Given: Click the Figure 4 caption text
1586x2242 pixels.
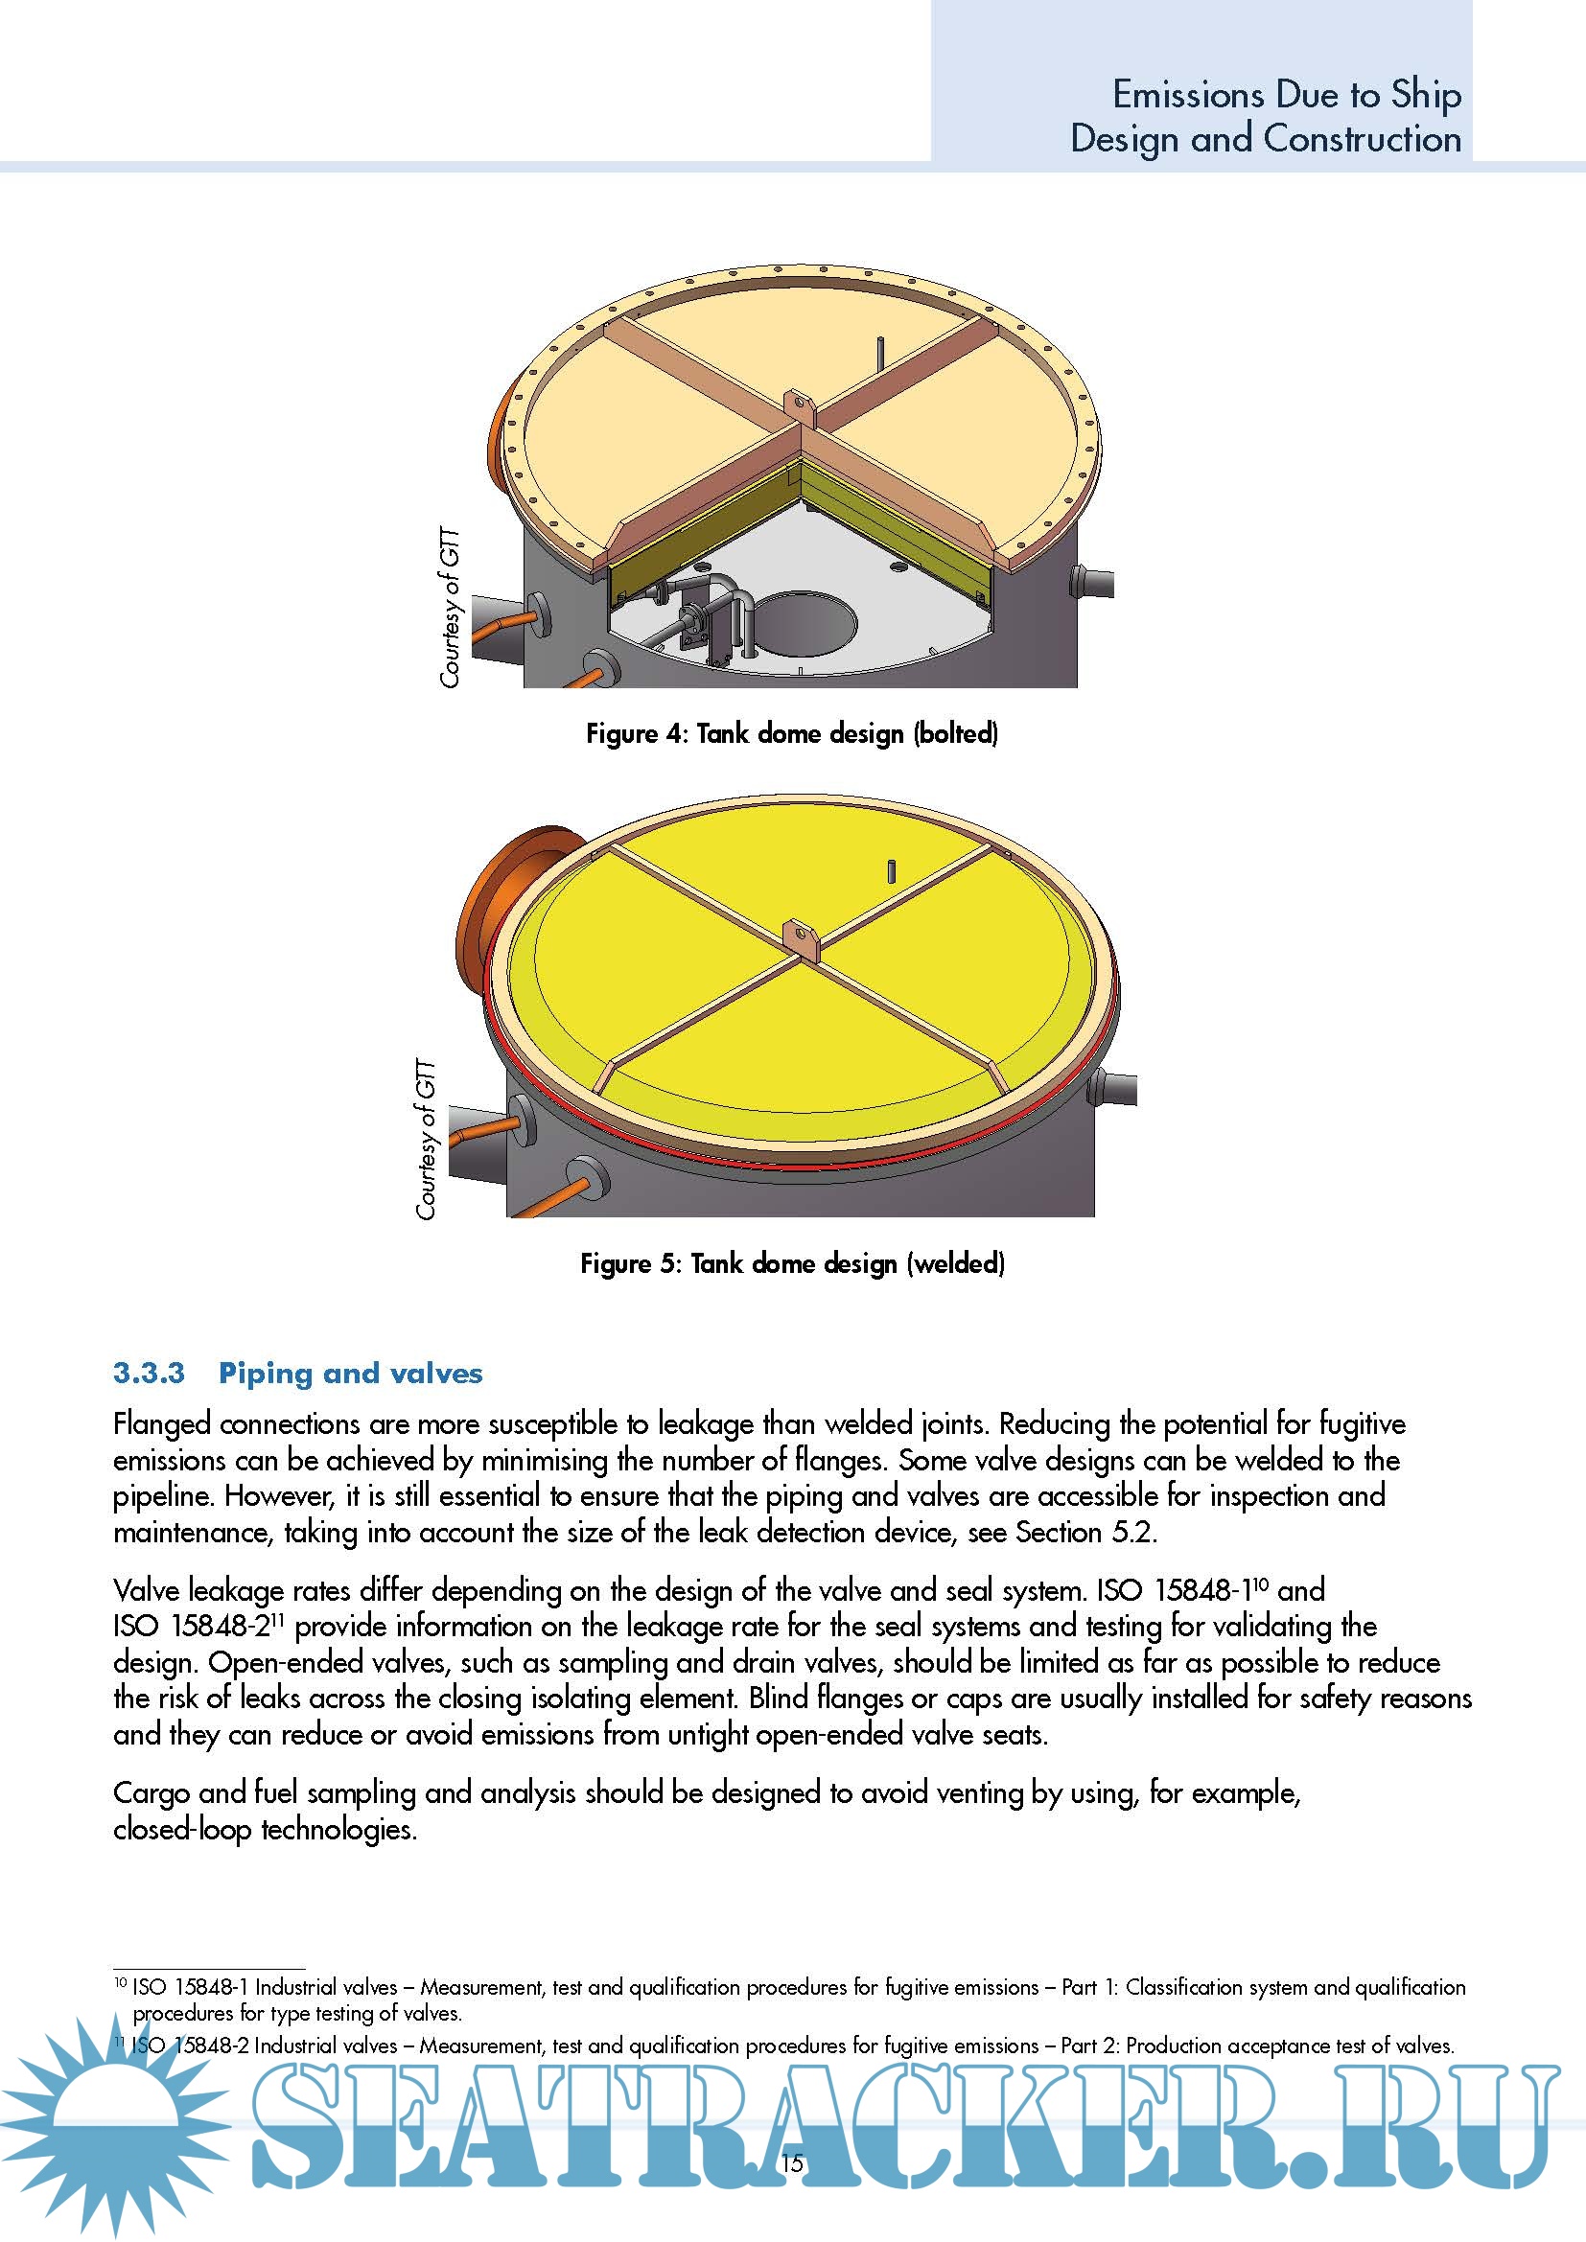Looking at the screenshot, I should coord(791,733).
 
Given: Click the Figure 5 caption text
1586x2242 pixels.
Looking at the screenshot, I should coord(791,1263).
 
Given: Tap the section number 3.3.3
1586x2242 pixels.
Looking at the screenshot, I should coord(149,1373).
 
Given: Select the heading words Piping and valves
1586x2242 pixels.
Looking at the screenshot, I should coord(351,1373).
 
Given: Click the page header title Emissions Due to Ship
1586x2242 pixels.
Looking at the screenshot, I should coord(1286,95).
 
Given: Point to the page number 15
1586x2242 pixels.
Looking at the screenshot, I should coord(792,2161).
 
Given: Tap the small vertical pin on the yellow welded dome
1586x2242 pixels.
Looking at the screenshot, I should coord(891,870).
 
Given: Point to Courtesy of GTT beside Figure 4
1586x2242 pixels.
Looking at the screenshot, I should coord(449,608).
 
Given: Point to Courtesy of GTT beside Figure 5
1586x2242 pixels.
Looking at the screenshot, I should coord(426,1139).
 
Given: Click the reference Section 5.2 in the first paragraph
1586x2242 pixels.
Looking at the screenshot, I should coord(1085,1532).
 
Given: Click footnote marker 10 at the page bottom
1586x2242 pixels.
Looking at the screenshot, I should coord(120,1983).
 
